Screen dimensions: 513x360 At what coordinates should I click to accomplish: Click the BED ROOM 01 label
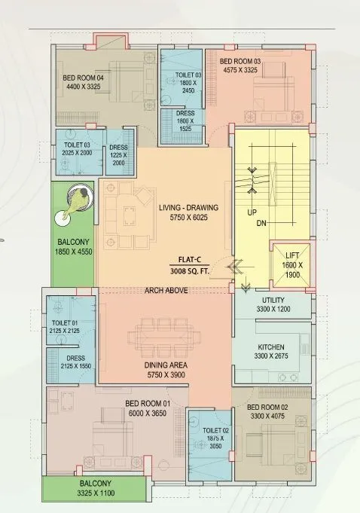click(148, 404)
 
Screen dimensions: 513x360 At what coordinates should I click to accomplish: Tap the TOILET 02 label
click(210, 429)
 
